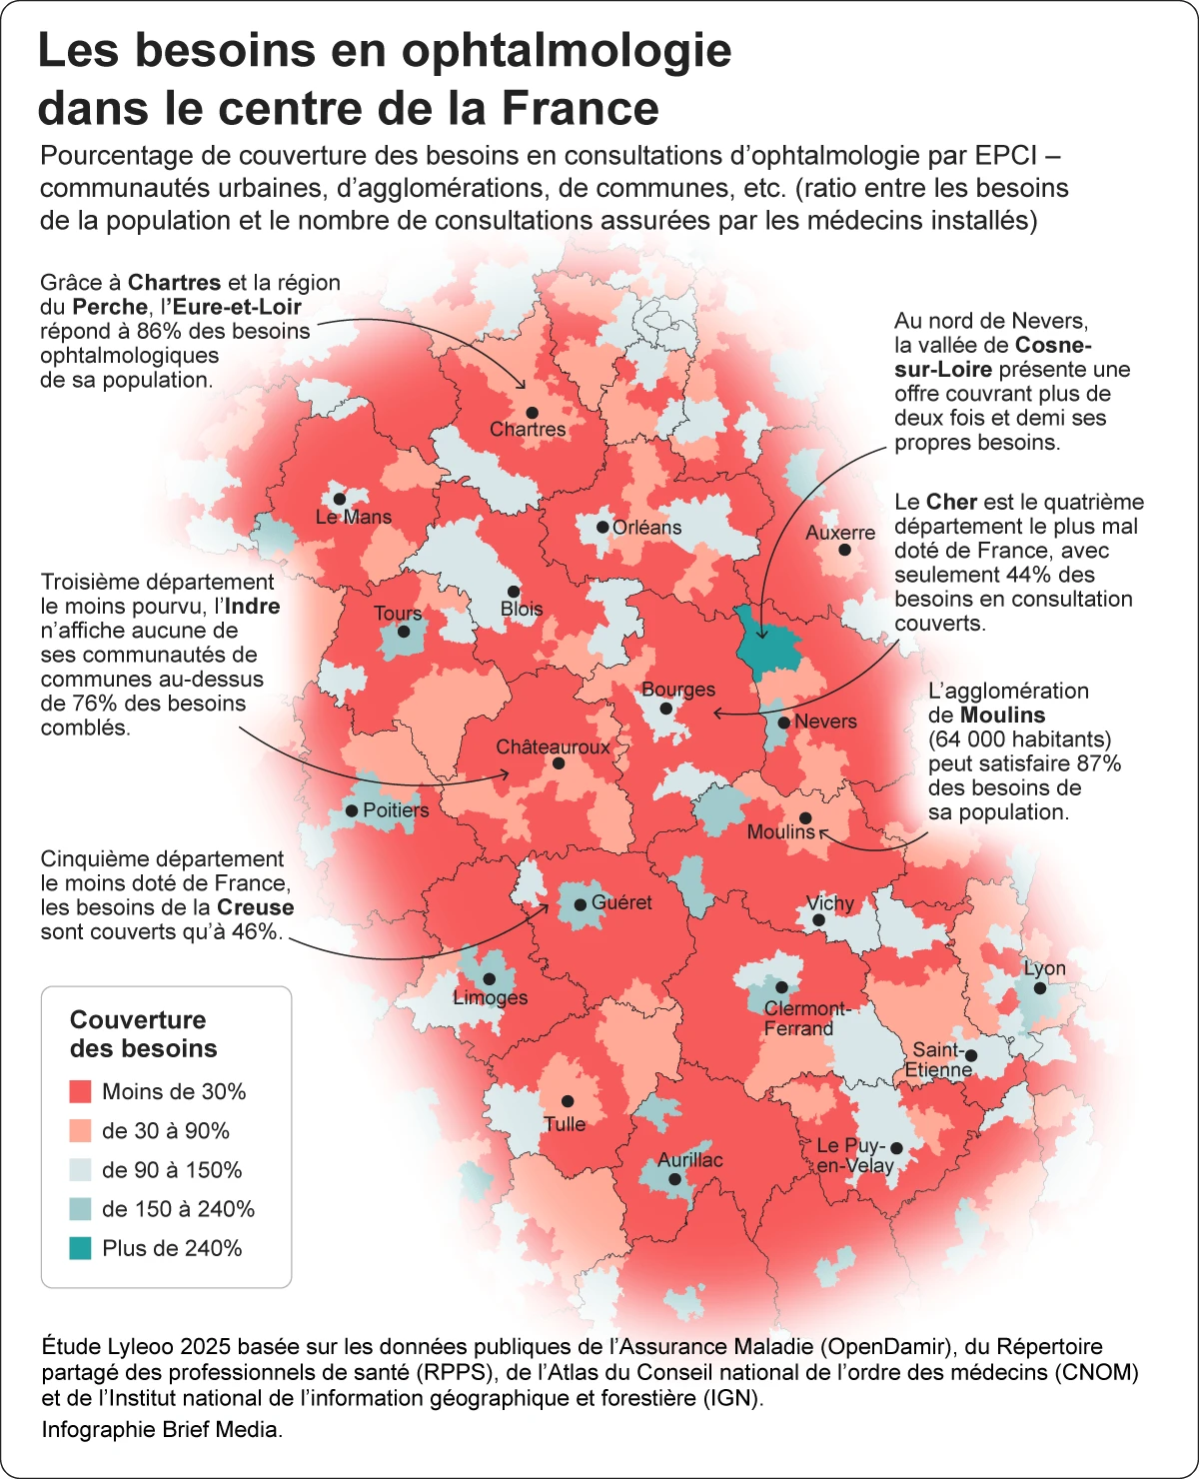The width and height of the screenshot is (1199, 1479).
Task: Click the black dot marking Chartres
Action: tap(532, 413)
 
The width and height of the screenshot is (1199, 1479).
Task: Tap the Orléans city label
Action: tap(646, 528)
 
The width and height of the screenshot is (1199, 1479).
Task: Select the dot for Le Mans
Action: tap(339, 499)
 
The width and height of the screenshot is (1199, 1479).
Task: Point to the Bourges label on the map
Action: tap(678, 690)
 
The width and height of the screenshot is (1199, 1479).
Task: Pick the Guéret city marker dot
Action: tap(580, 904)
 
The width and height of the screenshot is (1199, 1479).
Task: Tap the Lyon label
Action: tap(1044, 968)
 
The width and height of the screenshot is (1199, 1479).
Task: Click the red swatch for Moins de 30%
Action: tap(81, 1091)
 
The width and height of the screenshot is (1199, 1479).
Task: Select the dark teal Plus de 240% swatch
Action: tap(81, 1248)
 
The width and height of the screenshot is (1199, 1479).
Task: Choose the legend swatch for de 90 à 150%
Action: tap(81, 1170)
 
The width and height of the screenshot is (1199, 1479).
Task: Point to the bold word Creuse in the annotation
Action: tap(256, 907)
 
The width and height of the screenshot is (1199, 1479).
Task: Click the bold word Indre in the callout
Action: tap(252, 607)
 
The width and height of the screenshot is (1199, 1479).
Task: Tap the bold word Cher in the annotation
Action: tap(950, 502)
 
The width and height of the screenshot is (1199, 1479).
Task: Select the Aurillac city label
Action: tap(689, 1160)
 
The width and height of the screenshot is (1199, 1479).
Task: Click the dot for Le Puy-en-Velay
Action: tap(896, 1148)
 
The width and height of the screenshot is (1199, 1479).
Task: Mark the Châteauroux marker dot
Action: tap(559, 763)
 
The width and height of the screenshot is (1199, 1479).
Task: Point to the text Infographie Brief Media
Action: tap(162, 1429)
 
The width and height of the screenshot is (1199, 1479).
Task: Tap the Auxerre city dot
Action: tap(844, 550)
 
